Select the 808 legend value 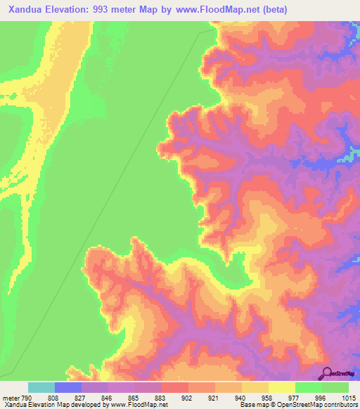tap(55, 398)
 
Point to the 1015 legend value tap(347, 398)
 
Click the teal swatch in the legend tap(41, 387)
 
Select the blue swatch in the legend tap(68, 387)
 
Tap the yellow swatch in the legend tap(282, 387)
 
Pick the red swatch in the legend tap(175, 387)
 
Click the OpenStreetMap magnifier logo tap(327, 372)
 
